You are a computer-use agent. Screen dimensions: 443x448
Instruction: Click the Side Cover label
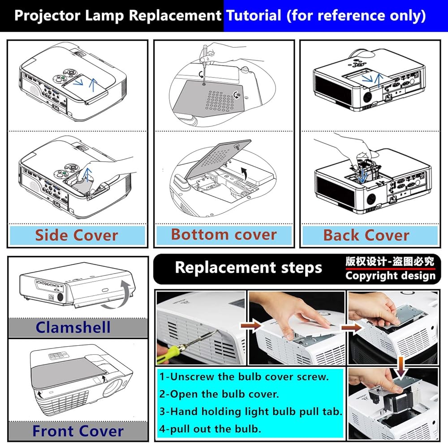77,235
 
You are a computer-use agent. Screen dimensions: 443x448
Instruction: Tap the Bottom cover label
224,234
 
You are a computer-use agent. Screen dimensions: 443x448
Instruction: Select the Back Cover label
366,235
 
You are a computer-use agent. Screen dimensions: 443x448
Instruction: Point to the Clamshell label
73,327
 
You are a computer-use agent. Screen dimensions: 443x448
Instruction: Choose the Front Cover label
78,431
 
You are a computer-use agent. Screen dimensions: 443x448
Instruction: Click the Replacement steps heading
248,267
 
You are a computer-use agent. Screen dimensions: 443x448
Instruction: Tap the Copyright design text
390,275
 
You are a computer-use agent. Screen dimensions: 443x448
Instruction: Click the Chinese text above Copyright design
390,261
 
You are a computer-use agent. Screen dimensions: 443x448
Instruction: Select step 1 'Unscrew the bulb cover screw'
244,376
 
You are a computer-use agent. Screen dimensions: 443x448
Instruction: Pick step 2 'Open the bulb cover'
219,394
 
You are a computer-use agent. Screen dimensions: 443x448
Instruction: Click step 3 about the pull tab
251,411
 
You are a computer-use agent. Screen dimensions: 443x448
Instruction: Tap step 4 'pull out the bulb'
210,429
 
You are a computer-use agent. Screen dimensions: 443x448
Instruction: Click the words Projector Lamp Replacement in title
117,16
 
